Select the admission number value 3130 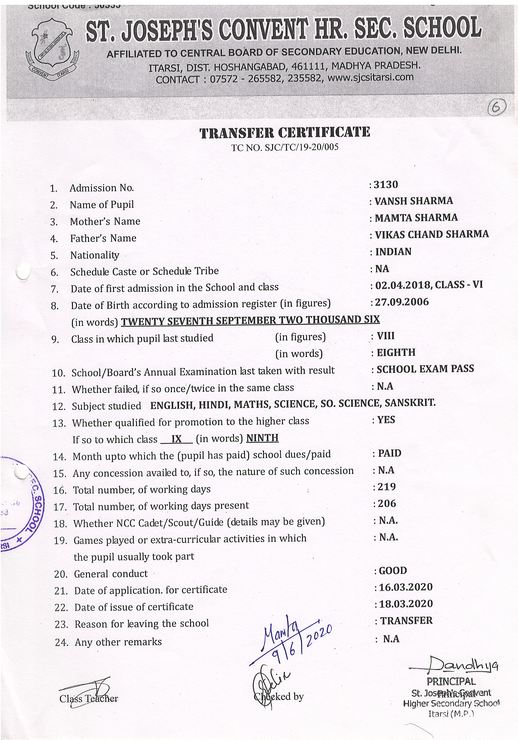[386, 185]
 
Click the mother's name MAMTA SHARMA [416, 218]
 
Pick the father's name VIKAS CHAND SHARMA [432, 234]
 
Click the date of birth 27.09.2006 [401, 302]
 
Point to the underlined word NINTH [262, 438]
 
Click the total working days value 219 [387, 487]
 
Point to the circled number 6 [496, 107]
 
